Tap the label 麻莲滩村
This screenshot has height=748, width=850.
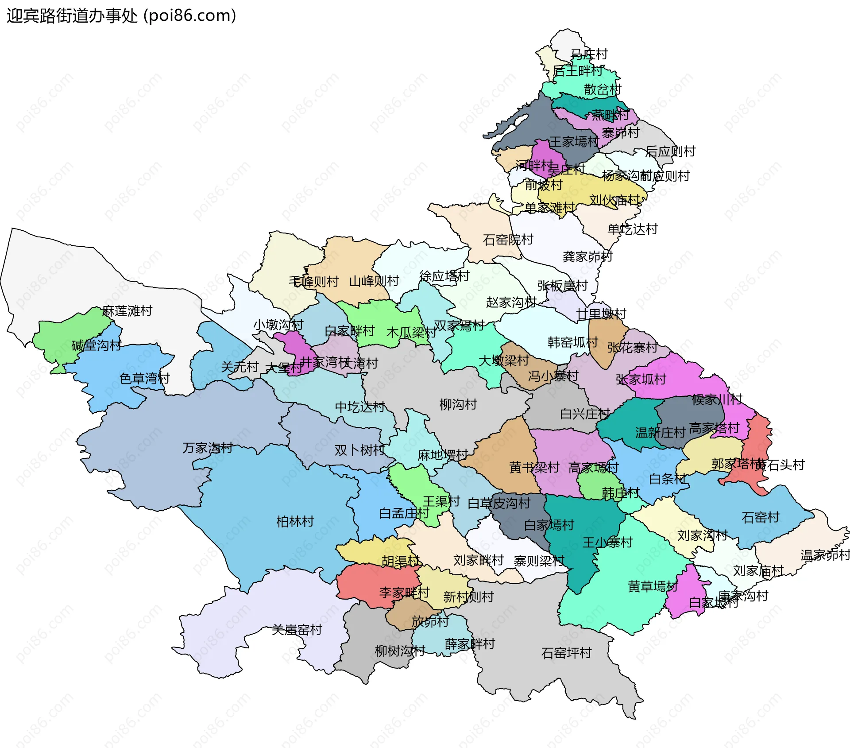point(127,311)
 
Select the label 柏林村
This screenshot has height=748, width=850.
point(295,521)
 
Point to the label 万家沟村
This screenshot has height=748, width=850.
point(208,448)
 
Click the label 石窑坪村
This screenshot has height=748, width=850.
point(566,653)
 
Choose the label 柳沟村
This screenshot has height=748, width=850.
point(458,404)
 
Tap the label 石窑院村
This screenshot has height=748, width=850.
point(508,240)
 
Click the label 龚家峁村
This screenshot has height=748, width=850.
point(587,256)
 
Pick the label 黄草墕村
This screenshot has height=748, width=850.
point(653,586)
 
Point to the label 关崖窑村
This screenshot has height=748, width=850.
point(297,629)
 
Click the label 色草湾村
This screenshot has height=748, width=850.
point(145,378)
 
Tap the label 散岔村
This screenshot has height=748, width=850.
point(603,89)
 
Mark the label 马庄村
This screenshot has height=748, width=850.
point(589,54)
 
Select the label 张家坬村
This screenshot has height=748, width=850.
point(641,379)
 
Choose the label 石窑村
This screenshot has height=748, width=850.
point(760,517)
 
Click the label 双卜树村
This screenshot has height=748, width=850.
point(359,450)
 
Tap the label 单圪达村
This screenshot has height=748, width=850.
point(632,229)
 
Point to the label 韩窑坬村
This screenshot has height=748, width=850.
point(572,342)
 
